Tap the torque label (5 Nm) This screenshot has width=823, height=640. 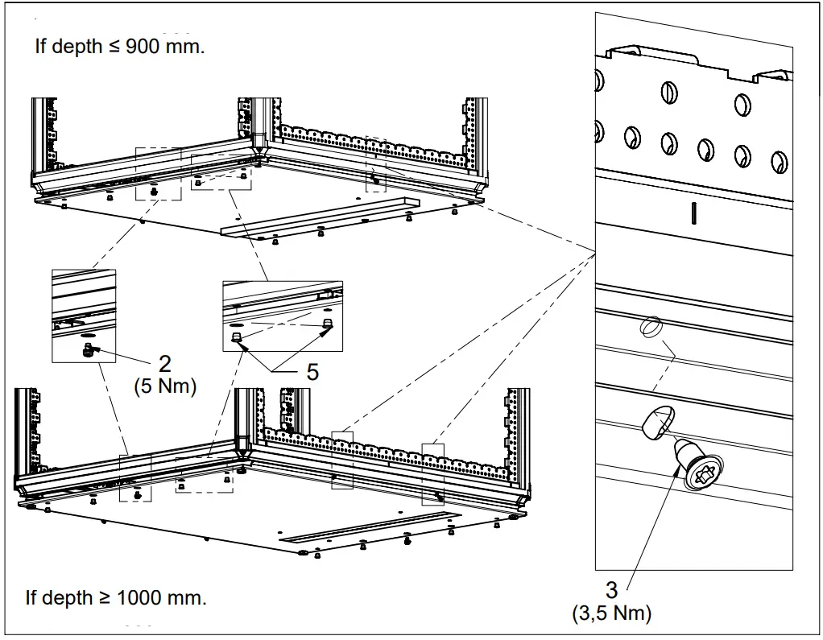(164, 386)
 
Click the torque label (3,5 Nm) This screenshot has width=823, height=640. (611, 613)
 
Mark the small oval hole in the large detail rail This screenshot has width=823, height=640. (651, 328)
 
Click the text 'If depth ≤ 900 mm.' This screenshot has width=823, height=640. (119, 46)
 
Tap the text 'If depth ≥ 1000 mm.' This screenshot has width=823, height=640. (115, 598)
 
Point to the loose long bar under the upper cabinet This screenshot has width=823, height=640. (322, 216)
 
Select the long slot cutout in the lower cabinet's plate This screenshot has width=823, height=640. (370, 526)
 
